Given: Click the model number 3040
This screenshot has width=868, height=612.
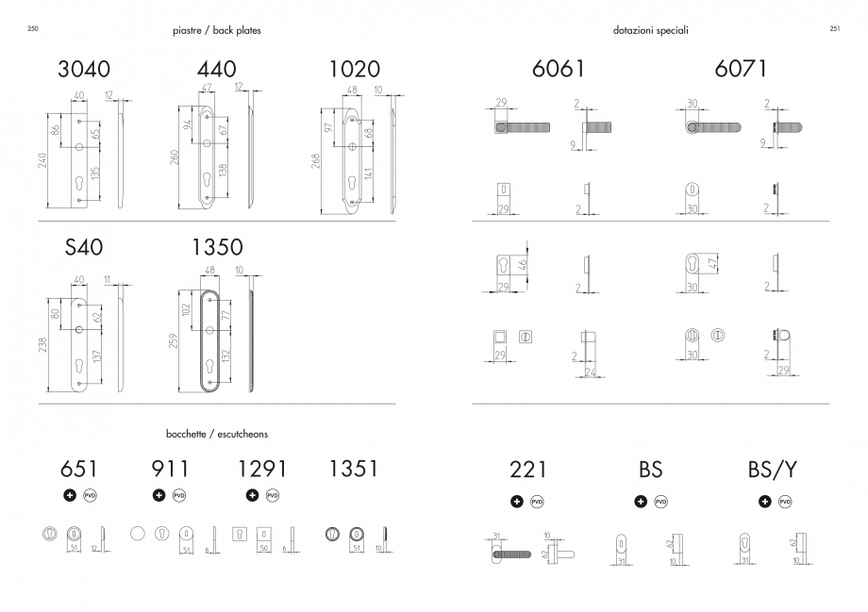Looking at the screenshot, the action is point(84,69).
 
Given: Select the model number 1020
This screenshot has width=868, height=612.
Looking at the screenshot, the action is point(355,69).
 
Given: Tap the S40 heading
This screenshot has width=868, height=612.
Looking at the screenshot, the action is point(84,247).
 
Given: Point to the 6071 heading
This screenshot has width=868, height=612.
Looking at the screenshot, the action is point(740,69).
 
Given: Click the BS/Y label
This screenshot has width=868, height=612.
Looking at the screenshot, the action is point(772,470).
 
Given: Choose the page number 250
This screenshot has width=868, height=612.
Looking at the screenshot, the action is point(33,29).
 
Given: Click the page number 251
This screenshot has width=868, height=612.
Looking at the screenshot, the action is point(835,29).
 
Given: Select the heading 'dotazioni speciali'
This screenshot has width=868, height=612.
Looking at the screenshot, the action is point(650,30).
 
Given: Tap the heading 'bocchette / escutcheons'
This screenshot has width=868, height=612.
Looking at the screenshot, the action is point(217,434).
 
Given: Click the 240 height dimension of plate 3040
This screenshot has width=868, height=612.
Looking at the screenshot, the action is point(42,160).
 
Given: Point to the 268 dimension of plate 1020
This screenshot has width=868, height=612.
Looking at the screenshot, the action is point(315,161).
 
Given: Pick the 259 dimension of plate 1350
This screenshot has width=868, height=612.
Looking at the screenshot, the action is point(174,340).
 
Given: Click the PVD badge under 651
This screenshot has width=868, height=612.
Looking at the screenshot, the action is point(90,495).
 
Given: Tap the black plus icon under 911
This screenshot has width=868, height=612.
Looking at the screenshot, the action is point(159,495).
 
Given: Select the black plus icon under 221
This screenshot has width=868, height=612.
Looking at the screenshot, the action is point(516,502).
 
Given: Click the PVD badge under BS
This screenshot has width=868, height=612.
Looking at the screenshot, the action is point(661,502).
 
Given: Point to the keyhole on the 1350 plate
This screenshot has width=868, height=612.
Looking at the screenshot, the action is point(209,367).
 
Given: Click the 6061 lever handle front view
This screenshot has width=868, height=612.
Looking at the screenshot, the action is point(522,128).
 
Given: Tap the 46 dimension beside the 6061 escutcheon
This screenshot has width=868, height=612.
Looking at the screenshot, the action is point(522,266).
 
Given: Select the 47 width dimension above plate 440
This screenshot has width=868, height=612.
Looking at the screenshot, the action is point(207,88).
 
